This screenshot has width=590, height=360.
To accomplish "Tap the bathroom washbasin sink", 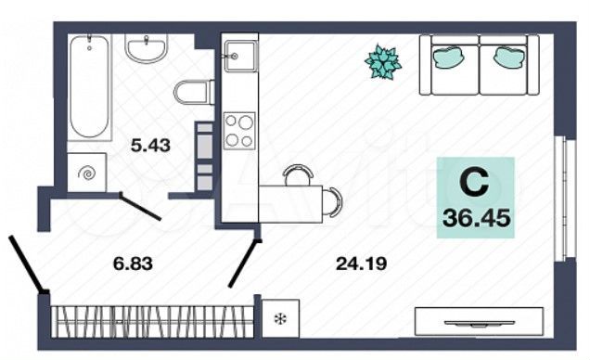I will [x=147, y=47].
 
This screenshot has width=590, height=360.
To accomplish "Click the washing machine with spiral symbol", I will [x=87, y=172].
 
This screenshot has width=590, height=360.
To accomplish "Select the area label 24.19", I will [x=357, y=264].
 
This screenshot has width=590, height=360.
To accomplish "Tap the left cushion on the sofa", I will [x=449, y=58].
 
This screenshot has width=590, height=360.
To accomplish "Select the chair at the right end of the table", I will [x=333, y=200].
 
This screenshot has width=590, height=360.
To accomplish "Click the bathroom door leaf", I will [x=139, y=206].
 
